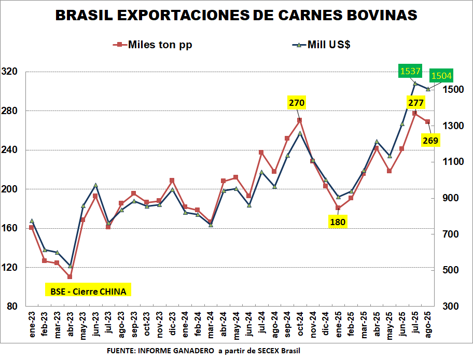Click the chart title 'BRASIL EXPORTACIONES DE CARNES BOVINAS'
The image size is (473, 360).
click(236, 16)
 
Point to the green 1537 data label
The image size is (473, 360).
click(410, 71)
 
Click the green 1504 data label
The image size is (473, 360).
click(441, 76)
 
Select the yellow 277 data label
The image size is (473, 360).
click(415, 103)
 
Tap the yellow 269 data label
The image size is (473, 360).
click(430, 140)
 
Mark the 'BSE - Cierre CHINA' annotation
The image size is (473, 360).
click(88, 290)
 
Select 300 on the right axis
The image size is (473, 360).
click(450, 306)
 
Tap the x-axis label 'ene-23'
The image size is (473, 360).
click(32, 325)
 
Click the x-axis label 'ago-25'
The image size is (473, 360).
click(428, 325)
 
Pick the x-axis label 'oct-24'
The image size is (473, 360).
click(299, 325)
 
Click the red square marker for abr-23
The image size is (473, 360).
click(70, 276)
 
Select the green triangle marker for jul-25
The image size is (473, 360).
click(415, 83)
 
